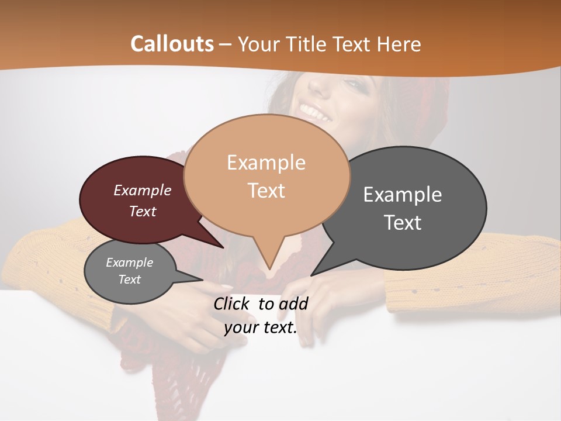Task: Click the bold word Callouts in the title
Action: click(172, 44)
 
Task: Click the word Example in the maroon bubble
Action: click(143, 190)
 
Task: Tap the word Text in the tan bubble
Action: click(266, 191)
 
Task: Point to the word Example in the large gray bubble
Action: click(402, 194)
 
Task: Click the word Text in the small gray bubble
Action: click(130, 279)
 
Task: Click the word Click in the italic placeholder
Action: click(233, 303)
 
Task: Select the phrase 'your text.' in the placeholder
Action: click(261, 327)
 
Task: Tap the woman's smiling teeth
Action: click(316, 112)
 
